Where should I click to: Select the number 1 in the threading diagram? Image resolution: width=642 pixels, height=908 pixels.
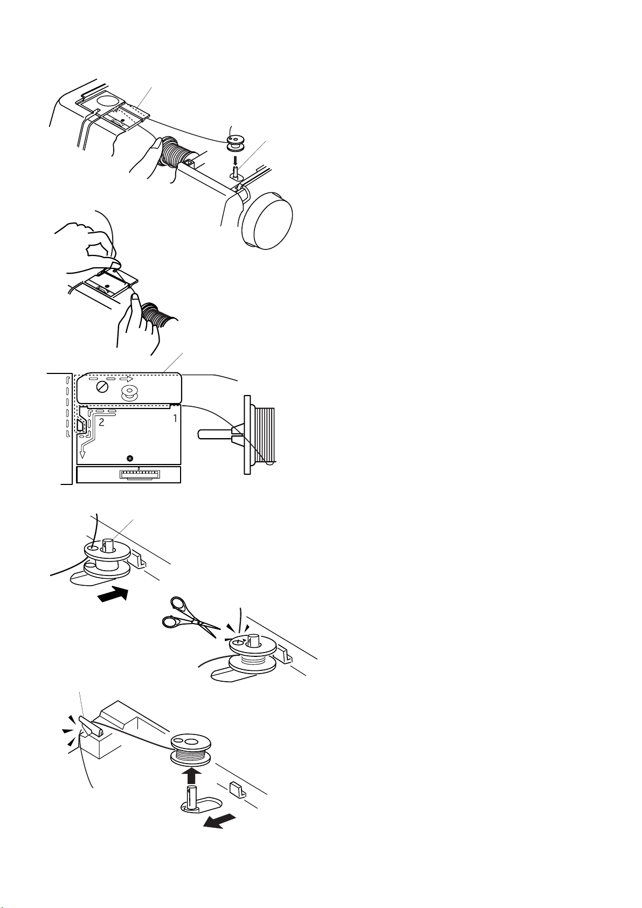[x=175, y=418]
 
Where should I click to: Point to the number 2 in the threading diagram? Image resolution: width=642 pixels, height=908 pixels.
[x=101, y=422]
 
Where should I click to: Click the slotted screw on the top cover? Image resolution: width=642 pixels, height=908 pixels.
[x=102, y=387]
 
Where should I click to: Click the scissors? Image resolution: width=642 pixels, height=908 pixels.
[x=190, y=618]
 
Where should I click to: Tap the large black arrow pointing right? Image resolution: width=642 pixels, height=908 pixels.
[x=113, y=595]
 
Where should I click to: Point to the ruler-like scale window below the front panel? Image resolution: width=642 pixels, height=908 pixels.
[x=139, y=474]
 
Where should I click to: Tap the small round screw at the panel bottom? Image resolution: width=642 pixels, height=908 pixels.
[x=130, y=459]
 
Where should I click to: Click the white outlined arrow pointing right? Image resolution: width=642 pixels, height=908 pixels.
[x=127, y=379]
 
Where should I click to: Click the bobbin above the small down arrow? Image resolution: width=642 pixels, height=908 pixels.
[x=234, y=143]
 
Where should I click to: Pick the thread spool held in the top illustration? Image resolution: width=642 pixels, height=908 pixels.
[x=175, y=154]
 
